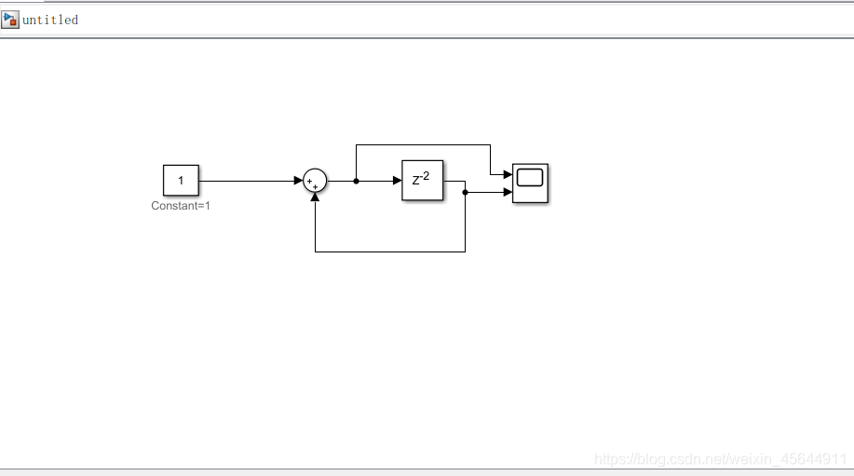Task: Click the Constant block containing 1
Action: (x=181, y=181)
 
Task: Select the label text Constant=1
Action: (x=181, y=206)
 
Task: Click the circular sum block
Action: (x=315, y=181)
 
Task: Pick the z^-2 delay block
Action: (x=422, y=181)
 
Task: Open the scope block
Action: (x=530, y=183)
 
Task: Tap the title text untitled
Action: (x=50, y=20)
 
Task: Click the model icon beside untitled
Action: (x=10, y=20)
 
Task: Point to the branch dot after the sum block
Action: (x=356, y=181)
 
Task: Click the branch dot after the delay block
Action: (x=465, y=192)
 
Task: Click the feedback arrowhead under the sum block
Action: (x=315, y=197)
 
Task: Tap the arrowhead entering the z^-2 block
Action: (x=396, y=181)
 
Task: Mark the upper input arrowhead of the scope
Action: (x=507, y=174)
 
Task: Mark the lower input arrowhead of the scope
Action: (x=507, y=192)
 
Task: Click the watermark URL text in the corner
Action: (x=719, y=459)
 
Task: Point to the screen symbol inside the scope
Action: (x=530, y=178)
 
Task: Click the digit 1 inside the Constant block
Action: (x=181, y=181)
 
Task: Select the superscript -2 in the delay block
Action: (x=425, y=175)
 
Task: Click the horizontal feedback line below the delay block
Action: (x=391, y=252)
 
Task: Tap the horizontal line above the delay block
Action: (x=423, y=144)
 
